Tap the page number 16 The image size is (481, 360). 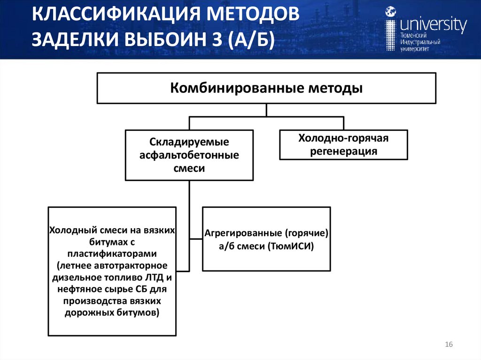[448, 345]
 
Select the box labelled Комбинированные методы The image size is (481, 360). [266, 88]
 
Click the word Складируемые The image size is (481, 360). [189, 142]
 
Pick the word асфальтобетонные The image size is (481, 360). [189, 155]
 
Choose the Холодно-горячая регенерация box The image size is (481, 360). [343, 145]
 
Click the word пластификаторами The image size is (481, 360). [112, 254]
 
